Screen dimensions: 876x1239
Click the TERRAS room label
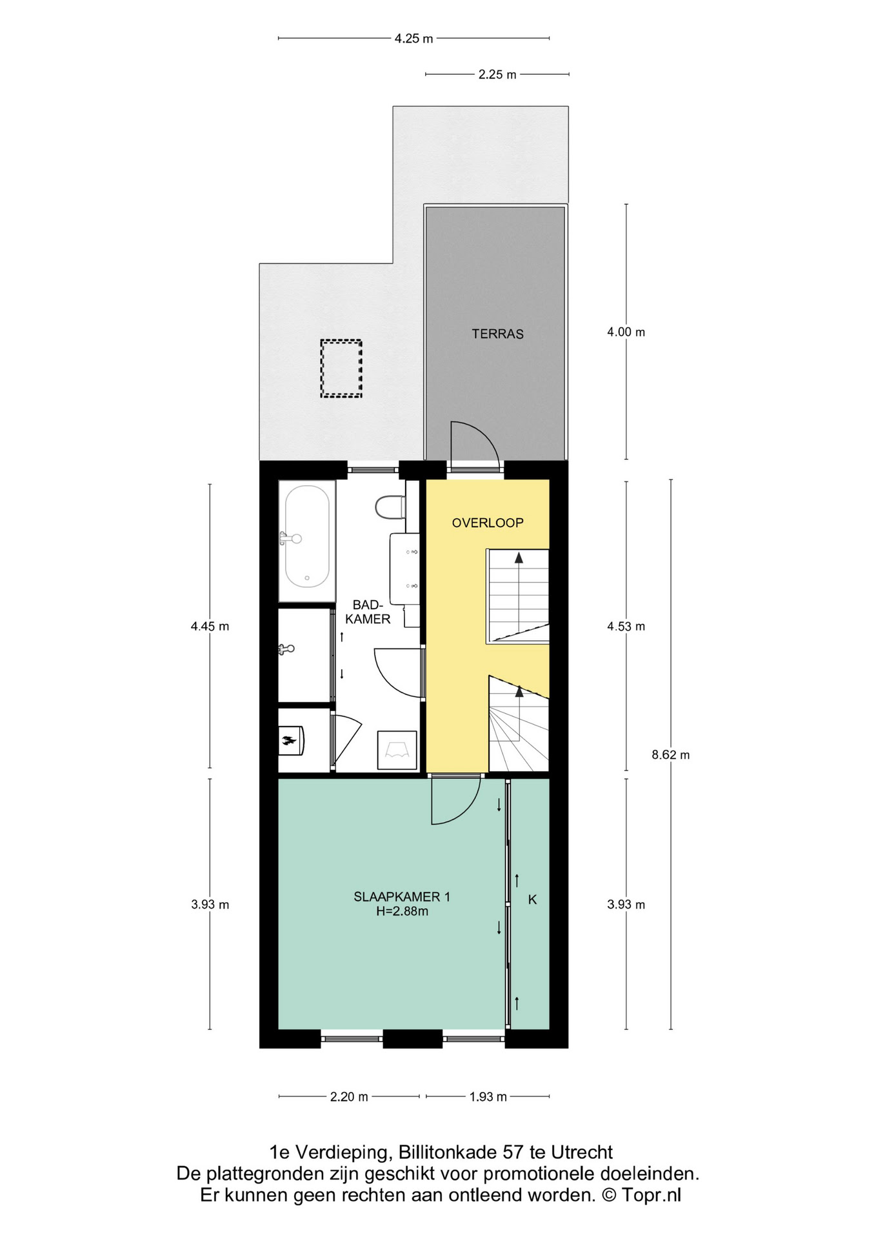(x=497, y=334)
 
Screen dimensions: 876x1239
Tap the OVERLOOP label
(x=488, y=523)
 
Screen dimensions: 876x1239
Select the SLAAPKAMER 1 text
(x=402, y=896)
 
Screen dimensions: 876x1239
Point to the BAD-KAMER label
(x=368, y=612)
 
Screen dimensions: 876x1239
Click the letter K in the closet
(x=533, y=900)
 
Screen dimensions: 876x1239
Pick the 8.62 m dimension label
(x=671, y=755)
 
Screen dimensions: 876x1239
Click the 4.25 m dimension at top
(x=414, y=39)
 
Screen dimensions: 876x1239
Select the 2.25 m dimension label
(x=497, y=75)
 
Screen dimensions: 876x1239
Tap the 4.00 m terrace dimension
(x=626, y=332)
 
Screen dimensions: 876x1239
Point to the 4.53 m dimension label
(x=626, y=627)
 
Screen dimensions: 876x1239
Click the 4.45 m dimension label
(x=210, y=627)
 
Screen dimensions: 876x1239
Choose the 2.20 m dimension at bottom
(x=349, y=1097)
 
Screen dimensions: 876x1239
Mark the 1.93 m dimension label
(x=488, y=1097)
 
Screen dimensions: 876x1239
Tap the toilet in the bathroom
(x=390, y=507)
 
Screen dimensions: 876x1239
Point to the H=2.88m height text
(x=402, y=912)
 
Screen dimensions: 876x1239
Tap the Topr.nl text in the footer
(x=652, y=1195)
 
